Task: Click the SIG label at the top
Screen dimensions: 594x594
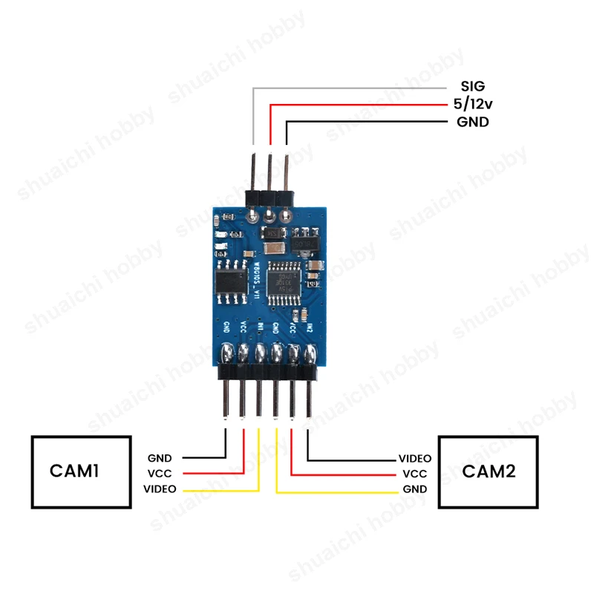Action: coord(472,87)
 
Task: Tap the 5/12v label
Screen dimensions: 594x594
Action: coord(471,105)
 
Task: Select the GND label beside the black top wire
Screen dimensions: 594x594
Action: coord(472,123)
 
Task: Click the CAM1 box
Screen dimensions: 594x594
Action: coord(81,471)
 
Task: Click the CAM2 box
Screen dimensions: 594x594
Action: coord(488,471)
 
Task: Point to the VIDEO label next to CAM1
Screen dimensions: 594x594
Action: coord(160,489)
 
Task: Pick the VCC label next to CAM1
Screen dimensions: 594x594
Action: coord(160,474)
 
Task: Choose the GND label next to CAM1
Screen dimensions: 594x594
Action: coord(160,458)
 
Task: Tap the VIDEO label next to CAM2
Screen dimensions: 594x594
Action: coord(415,459)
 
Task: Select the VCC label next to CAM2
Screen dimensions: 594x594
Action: coord(414,474)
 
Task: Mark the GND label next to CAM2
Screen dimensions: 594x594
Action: coord(414,489)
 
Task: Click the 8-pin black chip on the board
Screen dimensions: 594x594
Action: coord(231,281)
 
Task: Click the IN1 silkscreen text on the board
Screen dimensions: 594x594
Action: coord(260,326)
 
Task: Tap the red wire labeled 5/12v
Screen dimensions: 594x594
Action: coord(356,105)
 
